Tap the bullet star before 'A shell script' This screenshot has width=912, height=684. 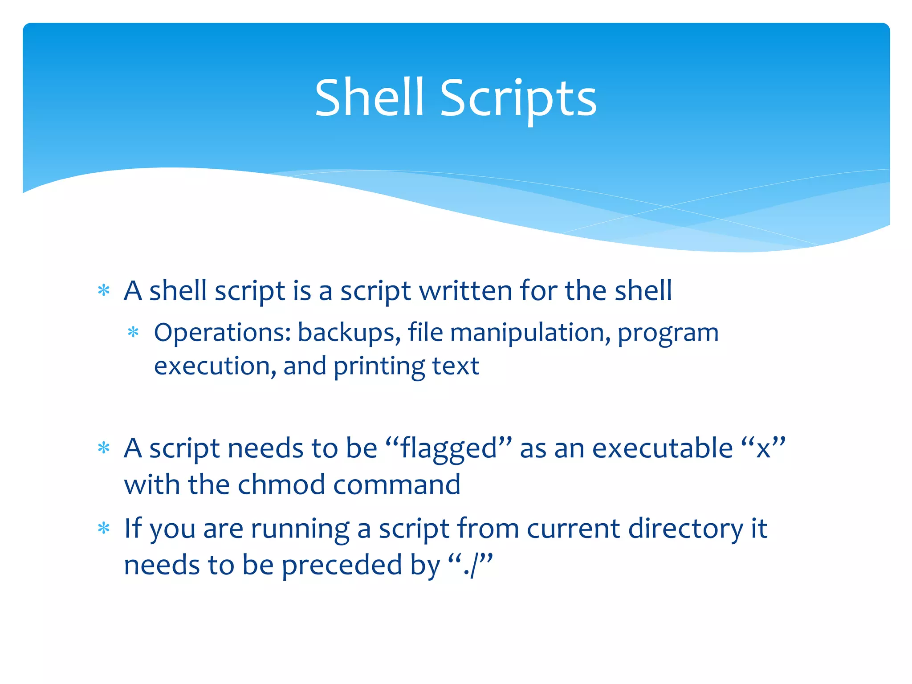tap(104, 291)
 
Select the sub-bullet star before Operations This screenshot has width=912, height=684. tap(133, 333)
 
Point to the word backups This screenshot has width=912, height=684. tap(349, 333)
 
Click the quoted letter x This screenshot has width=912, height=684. tap(763, 449)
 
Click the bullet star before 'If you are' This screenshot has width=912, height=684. tap(104, 528)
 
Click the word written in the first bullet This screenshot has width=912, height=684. tap(466, 291)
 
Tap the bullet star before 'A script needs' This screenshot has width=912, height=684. tap(104, 448)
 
